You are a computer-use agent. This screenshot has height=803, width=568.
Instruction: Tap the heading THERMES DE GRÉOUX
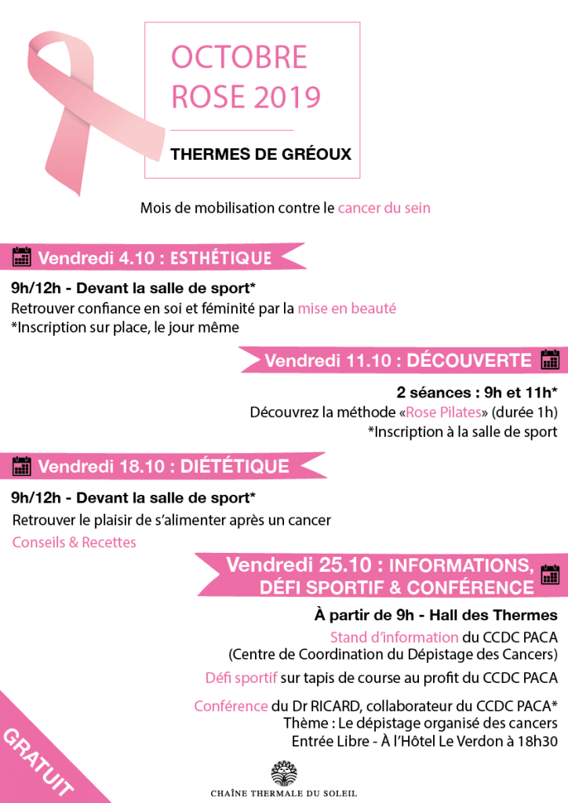[260, 154]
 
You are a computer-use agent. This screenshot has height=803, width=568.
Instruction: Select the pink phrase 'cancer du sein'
[384, 208]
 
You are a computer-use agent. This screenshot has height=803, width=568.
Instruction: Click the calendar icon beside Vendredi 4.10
[21, 256]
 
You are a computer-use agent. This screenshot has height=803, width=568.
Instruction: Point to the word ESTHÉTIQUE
[220, 257]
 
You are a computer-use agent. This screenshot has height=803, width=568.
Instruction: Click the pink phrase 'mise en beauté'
[347, 308]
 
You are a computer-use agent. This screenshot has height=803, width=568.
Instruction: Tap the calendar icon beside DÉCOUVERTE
[549, 359]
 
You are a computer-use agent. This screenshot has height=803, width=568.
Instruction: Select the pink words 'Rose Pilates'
[443, 412]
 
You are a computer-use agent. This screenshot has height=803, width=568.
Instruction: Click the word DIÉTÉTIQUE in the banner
[235, 467]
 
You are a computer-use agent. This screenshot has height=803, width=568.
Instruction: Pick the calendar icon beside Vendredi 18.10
[21, 466]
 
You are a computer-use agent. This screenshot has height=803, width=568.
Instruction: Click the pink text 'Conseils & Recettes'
[75, 543]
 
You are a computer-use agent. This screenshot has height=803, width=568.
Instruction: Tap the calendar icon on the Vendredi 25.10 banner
[550, 575]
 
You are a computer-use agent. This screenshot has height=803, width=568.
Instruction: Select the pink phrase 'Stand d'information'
[395, 637]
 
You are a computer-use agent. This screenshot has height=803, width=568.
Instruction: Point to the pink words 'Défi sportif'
[241, 678]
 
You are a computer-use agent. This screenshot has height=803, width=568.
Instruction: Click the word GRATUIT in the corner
[38, 761]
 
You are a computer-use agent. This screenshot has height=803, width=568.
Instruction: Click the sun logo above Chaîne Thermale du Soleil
[284, 773]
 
